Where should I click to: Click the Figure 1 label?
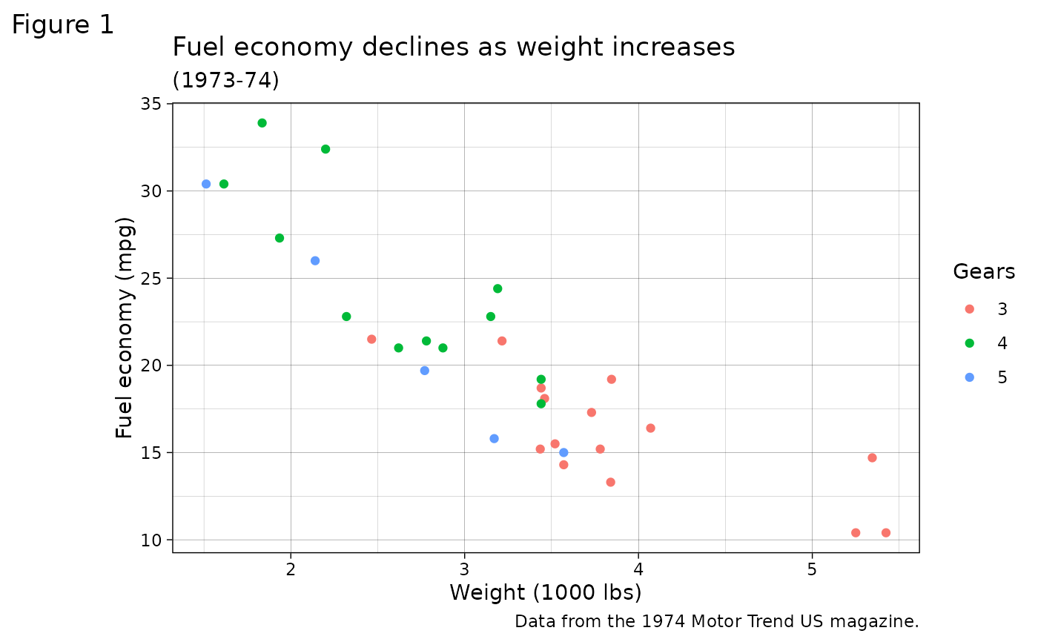click(63, 25)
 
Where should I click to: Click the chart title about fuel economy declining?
click(453, 47)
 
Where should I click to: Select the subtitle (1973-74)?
click(225, 80)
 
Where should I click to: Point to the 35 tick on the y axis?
click(151, 104)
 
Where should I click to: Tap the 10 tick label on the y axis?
click(151, 540)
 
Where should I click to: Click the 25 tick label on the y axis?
click(151, 278)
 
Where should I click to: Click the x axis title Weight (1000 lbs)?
click(545, 593)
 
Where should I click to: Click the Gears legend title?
click(984, 272)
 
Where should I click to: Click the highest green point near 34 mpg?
click(262, 123)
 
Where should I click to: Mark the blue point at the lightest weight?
click(206, 184)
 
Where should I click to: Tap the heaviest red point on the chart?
click(885, 533)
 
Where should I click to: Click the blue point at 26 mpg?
click(315, 261)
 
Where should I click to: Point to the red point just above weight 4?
click(650, 428)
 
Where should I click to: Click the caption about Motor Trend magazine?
click(716, 621)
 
